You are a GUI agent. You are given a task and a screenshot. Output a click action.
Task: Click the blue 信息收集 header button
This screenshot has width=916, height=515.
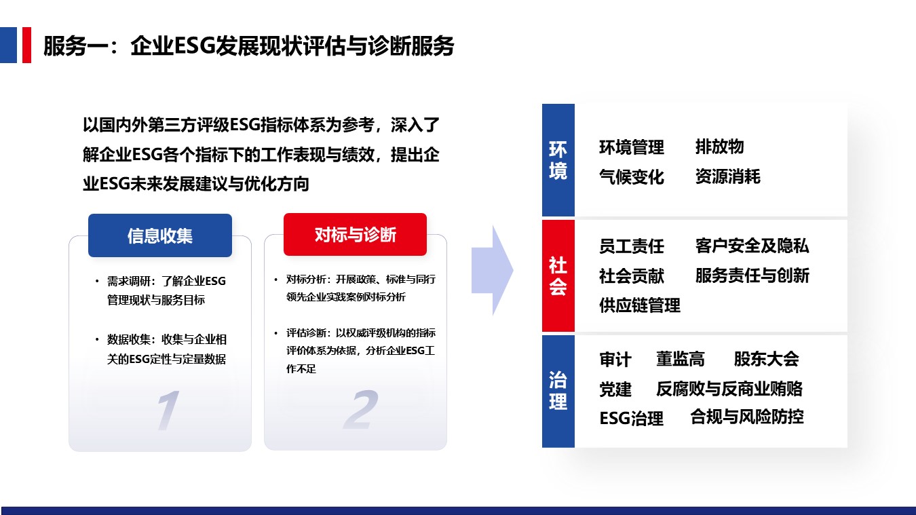coord(160,235)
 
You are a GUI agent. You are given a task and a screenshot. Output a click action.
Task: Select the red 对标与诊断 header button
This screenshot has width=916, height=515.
coord(355,234)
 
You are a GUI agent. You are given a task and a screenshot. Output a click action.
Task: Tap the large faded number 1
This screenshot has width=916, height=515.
coord(168,410)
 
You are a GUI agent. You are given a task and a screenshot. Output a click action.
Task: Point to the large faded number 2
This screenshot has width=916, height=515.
coord(361,409)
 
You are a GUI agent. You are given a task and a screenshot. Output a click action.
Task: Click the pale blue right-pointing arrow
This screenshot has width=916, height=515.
coord(493,270)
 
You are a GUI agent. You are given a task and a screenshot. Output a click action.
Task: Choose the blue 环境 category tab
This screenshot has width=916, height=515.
coord(558,160)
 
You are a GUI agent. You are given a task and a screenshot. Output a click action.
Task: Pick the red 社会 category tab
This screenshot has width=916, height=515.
coord(558,275)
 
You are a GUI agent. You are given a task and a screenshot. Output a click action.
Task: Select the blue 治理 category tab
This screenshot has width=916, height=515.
coord(558,391)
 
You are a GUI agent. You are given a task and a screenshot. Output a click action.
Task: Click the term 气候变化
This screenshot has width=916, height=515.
coord(632,177)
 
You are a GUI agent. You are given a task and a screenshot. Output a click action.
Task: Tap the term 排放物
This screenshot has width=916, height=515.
coord(720,147)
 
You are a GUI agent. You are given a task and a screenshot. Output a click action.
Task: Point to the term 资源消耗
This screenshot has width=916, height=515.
coord(728,176)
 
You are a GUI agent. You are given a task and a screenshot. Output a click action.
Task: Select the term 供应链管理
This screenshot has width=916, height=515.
coord(640,305)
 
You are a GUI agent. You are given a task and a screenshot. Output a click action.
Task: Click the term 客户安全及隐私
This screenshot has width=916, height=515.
coord(752,246)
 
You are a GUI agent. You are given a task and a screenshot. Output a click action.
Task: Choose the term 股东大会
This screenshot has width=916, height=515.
coord(766,359)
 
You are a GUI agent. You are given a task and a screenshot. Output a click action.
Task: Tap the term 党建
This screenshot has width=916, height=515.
coord(615,389)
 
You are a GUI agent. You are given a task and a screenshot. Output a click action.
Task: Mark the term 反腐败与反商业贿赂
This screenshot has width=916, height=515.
coord(729,389)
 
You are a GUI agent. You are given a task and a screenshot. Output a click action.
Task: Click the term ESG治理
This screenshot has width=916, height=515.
coord(632,418)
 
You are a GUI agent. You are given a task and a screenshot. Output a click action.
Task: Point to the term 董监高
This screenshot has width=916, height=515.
coord(681,359)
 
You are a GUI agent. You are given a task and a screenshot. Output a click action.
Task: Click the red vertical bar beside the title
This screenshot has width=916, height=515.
coord(26,45)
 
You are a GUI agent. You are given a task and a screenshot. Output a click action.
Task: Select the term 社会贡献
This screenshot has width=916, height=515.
coord(632,275)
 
